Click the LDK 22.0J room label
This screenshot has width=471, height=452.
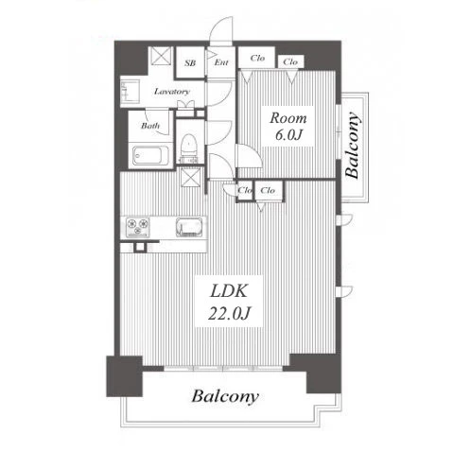pos(229,302)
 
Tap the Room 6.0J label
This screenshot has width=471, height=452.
pos(288,126)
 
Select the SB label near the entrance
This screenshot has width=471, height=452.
pos(190,63)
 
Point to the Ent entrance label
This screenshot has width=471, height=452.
pos(221,62)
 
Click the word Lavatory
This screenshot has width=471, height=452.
pos(172,92)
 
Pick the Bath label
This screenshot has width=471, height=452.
pos(150,126)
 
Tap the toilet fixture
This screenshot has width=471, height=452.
pos(189,148)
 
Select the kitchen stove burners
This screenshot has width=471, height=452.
pos(137,227)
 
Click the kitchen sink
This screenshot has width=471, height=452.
pos(189,227)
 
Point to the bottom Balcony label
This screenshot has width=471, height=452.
pos(225,397)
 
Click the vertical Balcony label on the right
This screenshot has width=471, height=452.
pos(353,146)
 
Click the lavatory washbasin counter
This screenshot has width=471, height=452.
pos(130,92)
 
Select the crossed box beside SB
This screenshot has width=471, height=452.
pos(161,56)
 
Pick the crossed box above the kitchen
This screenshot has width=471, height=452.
pos(190,177)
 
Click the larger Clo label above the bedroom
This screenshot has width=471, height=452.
pos(257,59)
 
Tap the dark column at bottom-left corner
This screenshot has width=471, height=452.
pos(124,376)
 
